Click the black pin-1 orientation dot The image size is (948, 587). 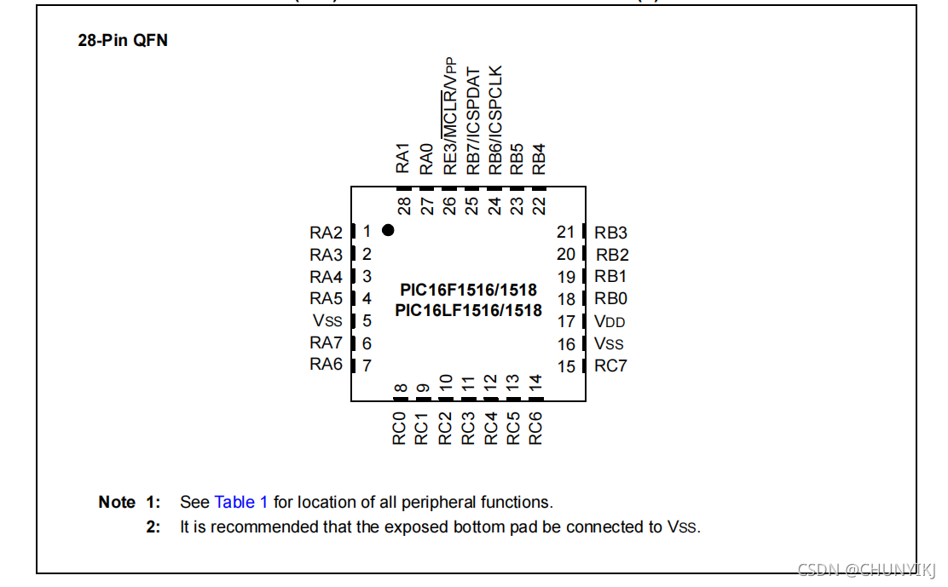pos(388,230)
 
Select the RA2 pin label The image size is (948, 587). pos(326,233)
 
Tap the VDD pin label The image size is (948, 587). pos(610,322)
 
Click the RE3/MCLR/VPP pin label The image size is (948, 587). pos(450,117)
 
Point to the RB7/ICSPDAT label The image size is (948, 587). pos(473,122)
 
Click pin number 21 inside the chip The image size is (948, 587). pos(566,233)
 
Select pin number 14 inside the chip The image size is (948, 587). pos(535,383)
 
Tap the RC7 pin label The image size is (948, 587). pos(610,366)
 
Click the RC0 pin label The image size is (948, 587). pos(400,428)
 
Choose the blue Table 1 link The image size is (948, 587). pos(241,502)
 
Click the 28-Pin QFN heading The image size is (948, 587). pos(123,41)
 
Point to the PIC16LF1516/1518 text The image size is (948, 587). pos(468,311)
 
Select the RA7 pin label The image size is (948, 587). pos(326,343)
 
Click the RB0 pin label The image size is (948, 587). pos(610,299)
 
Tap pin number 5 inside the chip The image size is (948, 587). pos(367,321)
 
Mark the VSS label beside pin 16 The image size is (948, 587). pos(609,344)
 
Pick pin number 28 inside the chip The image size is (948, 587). pos(405,205)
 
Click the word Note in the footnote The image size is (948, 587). pos(117,502)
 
